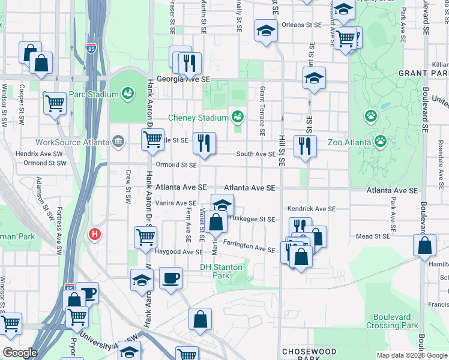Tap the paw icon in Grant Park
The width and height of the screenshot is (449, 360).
(x=371, y=115)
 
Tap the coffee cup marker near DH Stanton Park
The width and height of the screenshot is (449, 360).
(x=170, y=278)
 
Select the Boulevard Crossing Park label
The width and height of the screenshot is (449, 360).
(x=395, y=321)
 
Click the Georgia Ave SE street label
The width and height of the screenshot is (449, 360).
(x=184, y=79)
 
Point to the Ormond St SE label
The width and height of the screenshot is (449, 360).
(x=176, y=164)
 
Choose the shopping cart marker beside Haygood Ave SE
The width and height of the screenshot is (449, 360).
(x=145, y=237)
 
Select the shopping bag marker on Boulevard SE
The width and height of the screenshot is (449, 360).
(x=424, y=245)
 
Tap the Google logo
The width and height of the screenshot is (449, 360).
(x=20, y=352)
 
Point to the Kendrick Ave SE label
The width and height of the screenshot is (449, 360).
(x=310, y=209)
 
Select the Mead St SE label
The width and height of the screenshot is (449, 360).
(x=373, y=236)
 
